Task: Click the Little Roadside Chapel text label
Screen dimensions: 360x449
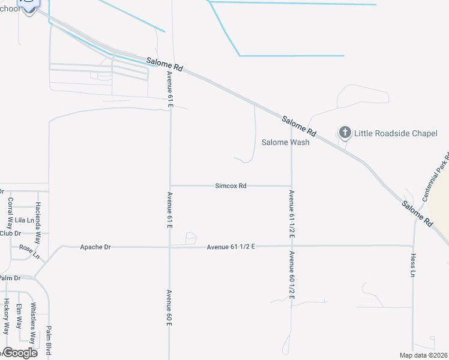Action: (x=396, y=133)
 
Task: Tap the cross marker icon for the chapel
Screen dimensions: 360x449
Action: (x=345, y=132)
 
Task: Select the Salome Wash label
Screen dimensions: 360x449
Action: (x=286, y=142)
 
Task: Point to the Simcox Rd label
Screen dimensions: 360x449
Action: (x=231, y=186)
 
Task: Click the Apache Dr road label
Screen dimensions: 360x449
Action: (x=95, y=247)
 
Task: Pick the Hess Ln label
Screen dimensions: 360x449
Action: (x=412, y=263)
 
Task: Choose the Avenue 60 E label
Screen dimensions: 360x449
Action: (x=170, y=308)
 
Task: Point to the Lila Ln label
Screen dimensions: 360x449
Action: (x=25, y=221)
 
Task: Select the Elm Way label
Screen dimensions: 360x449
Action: (x=19, y=316)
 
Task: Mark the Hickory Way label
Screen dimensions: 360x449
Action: (x=6, y=316)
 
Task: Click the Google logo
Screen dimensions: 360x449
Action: (x=20, y=353)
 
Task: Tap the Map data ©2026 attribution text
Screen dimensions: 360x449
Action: (x=423, y=355)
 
